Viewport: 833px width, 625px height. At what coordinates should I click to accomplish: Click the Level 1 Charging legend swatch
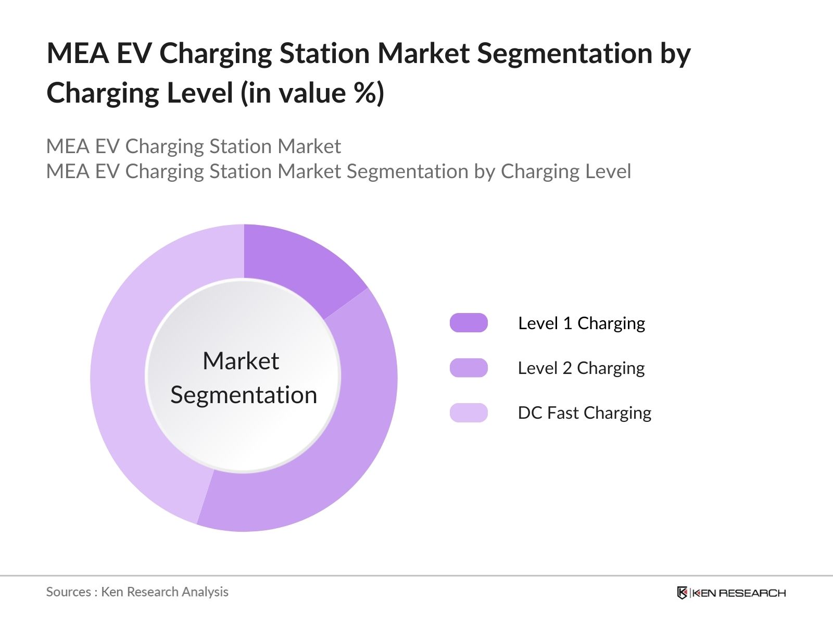(469, 323)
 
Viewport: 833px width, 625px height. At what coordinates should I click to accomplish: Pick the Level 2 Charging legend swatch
(469, 368)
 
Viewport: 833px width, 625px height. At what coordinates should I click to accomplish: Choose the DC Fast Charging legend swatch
(469, 413)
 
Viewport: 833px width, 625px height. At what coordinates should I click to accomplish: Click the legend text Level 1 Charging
(582, 323)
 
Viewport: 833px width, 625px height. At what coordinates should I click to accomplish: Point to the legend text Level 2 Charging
(581, 368)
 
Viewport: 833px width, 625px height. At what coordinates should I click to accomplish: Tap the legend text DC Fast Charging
(584, 413)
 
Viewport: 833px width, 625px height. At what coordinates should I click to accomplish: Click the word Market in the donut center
(241, 361)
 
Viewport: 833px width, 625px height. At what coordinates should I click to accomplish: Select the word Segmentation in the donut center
(244, 395)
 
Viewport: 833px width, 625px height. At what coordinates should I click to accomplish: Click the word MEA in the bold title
(78, 53)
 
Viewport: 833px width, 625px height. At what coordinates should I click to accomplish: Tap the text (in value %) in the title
(312, 93)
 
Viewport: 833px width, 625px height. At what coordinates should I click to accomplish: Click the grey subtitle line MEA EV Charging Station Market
(194, 146)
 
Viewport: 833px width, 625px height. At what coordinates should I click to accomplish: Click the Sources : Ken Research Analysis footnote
(137, 592)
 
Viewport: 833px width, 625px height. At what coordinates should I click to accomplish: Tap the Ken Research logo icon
(682, 593)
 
